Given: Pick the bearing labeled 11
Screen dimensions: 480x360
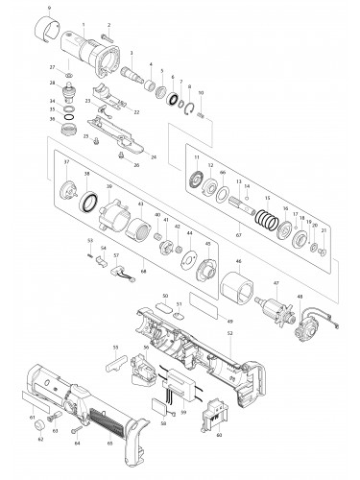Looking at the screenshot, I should [197, 179].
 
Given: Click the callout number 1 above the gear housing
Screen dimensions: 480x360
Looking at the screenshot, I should [84, 22].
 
